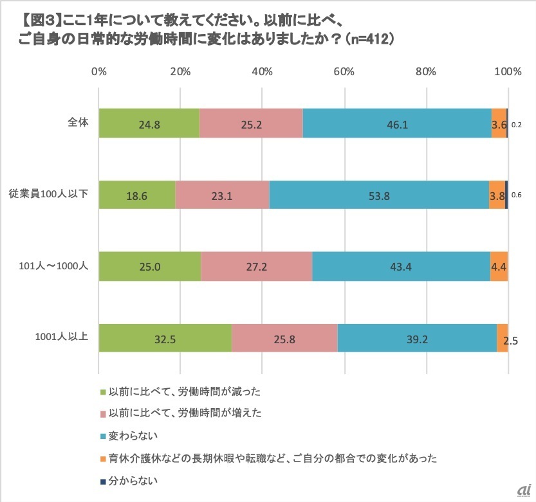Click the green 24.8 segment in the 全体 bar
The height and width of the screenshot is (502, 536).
point(149,123)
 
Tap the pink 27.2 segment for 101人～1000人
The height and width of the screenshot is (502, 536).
point(256,265)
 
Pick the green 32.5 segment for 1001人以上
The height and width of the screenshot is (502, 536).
point(165,337)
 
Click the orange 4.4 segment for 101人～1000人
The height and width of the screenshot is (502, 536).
point(499,265)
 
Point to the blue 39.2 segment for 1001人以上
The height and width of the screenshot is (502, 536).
point(417,337)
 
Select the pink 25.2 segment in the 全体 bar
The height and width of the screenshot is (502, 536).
point(251,123)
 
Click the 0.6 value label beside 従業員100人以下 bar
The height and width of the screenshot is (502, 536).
point(516,195)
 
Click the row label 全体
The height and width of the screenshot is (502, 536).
point(78,121)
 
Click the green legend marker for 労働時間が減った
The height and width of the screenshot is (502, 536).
point(103,391)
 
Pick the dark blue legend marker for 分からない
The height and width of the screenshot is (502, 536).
point(103,480)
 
